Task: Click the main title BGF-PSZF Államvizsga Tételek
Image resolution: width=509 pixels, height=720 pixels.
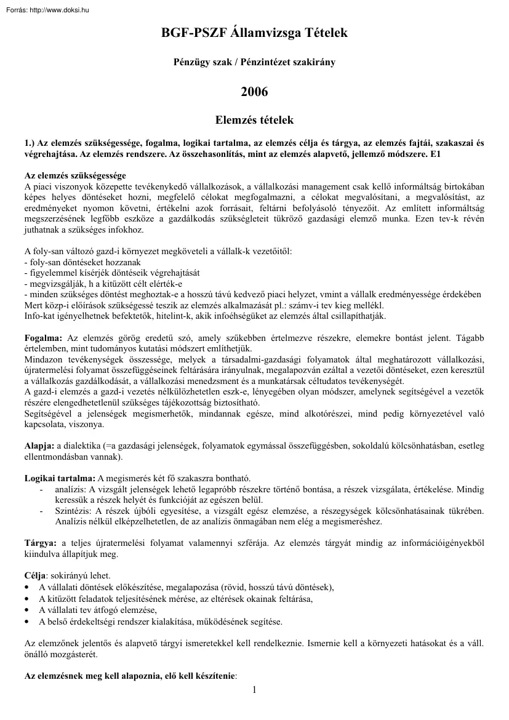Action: (254, 33)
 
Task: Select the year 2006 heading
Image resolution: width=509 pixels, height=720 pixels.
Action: (254, 92)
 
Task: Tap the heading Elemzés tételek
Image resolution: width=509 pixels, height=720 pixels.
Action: (254, 120)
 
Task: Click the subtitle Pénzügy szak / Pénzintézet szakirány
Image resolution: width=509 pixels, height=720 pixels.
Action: (254, 63)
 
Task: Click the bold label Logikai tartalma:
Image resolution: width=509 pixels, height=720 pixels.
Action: (59, 479)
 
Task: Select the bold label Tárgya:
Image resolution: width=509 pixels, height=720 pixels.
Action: (41, 543)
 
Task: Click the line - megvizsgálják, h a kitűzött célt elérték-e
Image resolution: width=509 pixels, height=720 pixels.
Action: (103, 284)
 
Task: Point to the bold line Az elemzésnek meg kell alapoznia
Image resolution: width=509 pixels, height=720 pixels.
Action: (130, 675)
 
